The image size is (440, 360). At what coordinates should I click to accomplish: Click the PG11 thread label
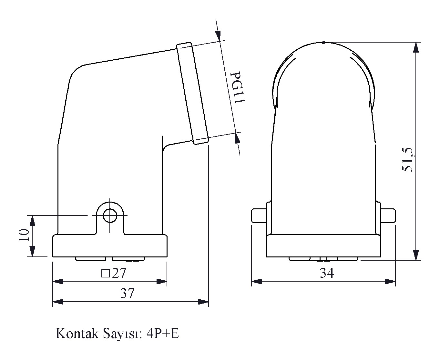pos(237,87)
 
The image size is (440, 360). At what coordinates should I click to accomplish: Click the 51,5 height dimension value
pos(407,160)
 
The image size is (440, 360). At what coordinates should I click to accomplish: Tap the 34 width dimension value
pos(327,273)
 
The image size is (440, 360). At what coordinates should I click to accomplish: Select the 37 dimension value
pos(127,293)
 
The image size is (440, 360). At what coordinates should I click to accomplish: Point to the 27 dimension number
pos(119,273)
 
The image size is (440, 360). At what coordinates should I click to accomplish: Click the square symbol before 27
pos(105,273)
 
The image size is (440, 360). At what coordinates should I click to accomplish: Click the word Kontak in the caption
pos(77,334)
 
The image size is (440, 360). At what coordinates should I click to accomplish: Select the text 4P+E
pos(163,334)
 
